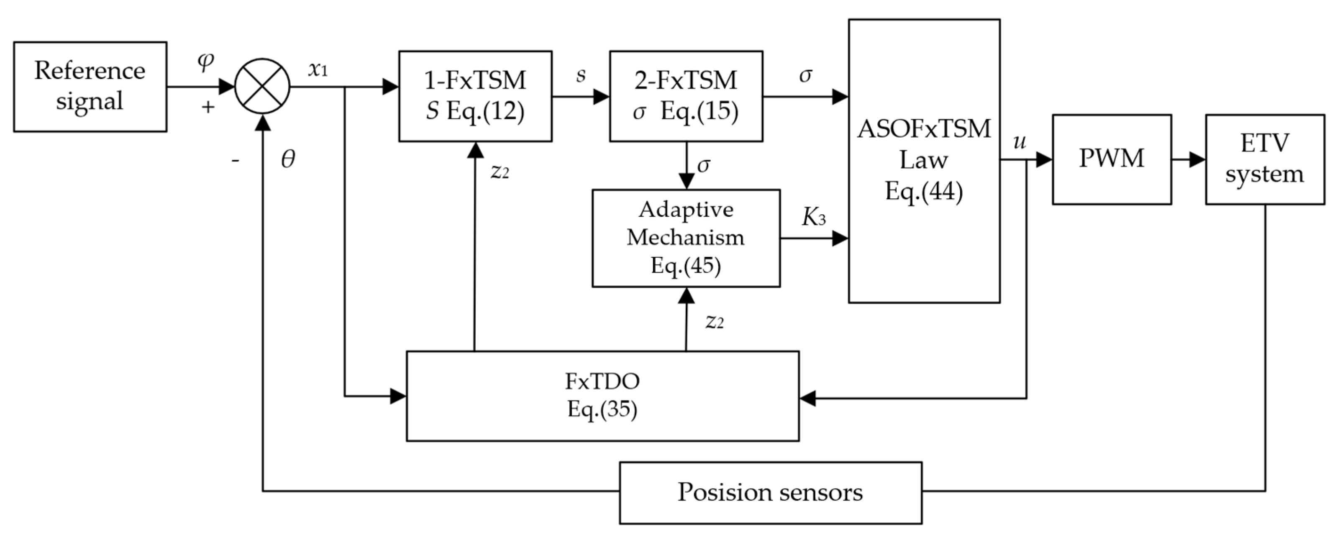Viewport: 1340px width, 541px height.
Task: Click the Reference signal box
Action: [x=90, y=86]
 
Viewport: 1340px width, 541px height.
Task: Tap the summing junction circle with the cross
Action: [x=262, y=86]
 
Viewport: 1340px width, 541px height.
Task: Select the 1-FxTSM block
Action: [x=475, y=96]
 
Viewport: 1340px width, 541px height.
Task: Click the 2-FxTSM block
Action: [x=686, y=96]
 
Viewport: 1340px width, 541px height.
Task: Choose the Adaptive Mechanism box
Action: [x=686, y=238]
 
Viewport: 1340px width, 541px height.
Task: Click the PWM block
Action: [x=1112, y=159]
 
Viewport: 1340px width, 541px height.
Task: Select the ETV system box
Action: [x=1265, y=159]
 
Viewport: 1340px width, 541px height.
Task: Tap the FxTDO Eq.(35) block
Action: [x=602, y=396]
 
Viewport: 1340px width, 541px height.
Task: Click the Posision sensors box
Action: [x=770, y=492]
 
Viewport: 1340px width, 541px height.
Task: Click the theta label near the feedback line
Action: [x=288, y=160]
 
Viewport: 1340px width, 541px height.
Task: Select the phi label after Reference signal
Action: [x=205, y=62]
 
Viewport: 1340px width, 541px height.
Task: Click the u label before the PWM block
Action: [x=1020, y=141]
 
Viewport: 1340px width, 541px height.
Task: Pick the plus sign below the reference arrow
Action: [x=208, y=107]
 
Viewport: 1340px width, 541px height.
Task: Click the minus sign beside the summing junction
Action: [x=235, y=161]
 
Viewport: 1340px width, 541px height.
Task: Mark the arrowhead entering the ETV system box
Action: [x=1197, y=160]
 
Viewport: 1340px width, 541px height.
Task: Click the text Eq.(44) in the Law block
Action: [x=924, y=192]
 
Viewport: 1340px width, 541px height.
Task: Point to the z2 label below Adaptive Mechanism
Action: [x=714, y=322]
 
